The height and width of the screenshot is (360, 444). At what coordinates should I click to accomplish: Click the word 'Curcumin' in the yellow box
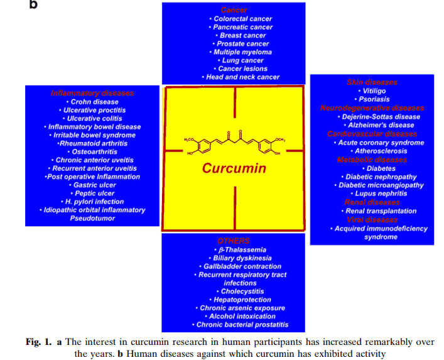pyautogui.click(x=234, y=168)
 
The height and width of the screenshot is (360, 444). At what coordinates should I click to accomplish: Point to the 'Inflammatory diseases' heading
pyautogui.click(x=92, y=93)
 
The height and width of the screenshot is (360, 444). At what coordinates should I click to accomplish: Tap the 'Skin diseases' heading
pyautogui.click(x=372, y=82)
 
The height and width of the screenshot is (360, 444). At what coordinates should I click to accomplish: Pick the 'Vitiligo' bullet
pyautogui.click(x=372, y=91)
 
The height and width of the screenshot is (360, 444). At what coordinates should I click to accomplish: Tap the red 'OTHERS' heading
pyautogui.click(x=234, y=241)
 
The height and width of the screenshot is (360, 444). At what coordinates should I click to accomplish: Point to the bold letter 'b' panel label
pyautogui.click(x=33, y=4)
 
